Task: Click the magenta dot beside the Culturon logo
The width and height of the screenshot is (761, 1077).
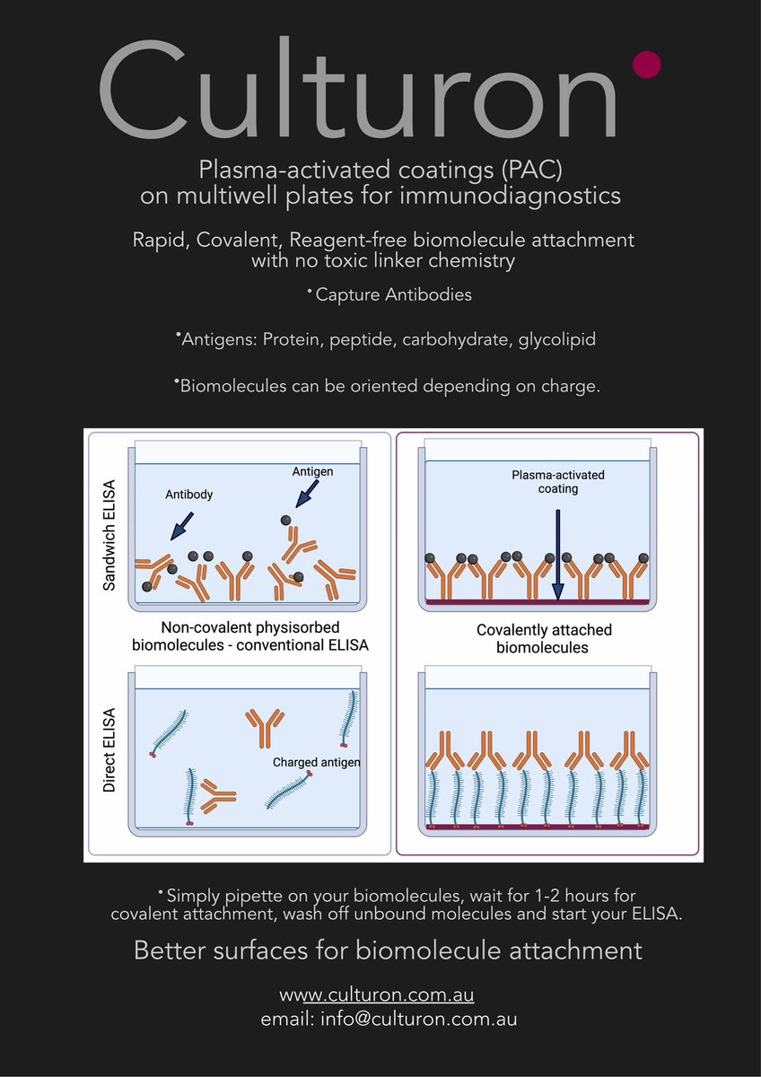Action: [647, 64]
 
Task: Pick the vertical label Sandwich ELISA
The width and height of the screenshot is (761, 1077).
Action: [109, 536]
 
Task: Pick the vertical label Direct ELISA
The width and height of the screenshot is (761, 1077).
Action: [109, 751]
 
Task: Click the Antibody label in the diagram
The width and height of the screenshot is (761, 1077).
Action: [188, 494]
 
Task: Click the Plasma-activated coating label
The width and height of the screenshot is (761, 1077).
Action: [558, 481]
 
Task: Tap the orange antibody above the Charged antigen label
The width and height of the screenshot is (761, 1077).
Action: [266, 726]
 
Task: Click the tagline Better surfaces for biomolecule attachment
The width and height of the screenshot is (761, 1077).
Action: [388, 950]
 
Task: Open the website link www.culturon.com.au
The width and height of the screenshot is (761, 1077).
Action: [377, 995]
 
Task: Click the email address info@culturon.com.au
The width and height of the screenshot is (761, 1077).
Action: [389, 1020]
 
